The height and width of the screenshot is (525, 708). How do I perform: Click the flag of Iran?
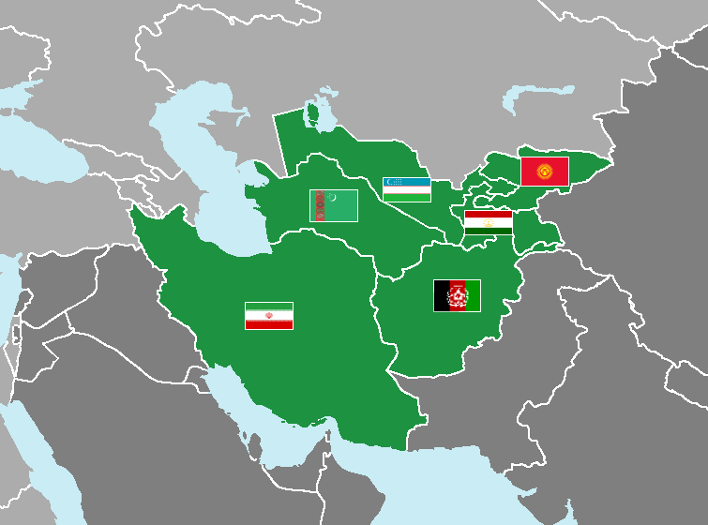pos(269,316)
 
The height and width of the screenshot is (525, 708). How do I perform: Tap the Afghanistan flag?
pos(457,295)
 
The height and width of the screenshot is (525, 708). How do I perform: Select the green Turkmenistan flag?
pos(334,206)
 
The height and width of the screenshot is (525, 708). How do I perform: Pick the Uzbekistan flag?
pos(406,189)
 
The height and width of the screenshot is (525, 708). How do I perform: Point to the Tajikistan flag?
pos(488,222)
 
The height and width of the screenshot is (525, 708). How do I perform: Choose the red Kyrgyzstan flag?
pos(545,171)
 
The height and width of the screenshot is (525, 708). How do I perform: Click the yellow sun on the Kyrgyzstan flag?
pos(545,171)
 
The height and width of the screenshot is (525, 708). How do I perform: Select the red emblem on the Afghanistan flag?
pos(457,296)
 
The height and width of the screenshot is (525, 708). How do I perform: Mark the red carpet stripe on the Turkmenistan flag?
pos(318,206)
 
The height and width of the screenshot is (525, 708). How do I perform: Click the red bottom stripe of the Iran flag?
pos(269,324)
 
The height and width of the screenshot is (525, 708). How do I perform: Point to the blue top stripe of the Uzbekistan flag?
pos(406,182)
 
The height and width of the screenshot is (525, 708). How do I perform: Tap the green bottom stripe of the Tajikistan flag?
pos(488,230)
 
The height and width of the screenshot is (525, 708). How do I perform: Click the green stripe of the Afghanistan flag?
pos(474,295)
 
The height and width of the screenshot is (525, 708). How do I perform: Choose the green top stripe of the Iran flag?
pos(269,307)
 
